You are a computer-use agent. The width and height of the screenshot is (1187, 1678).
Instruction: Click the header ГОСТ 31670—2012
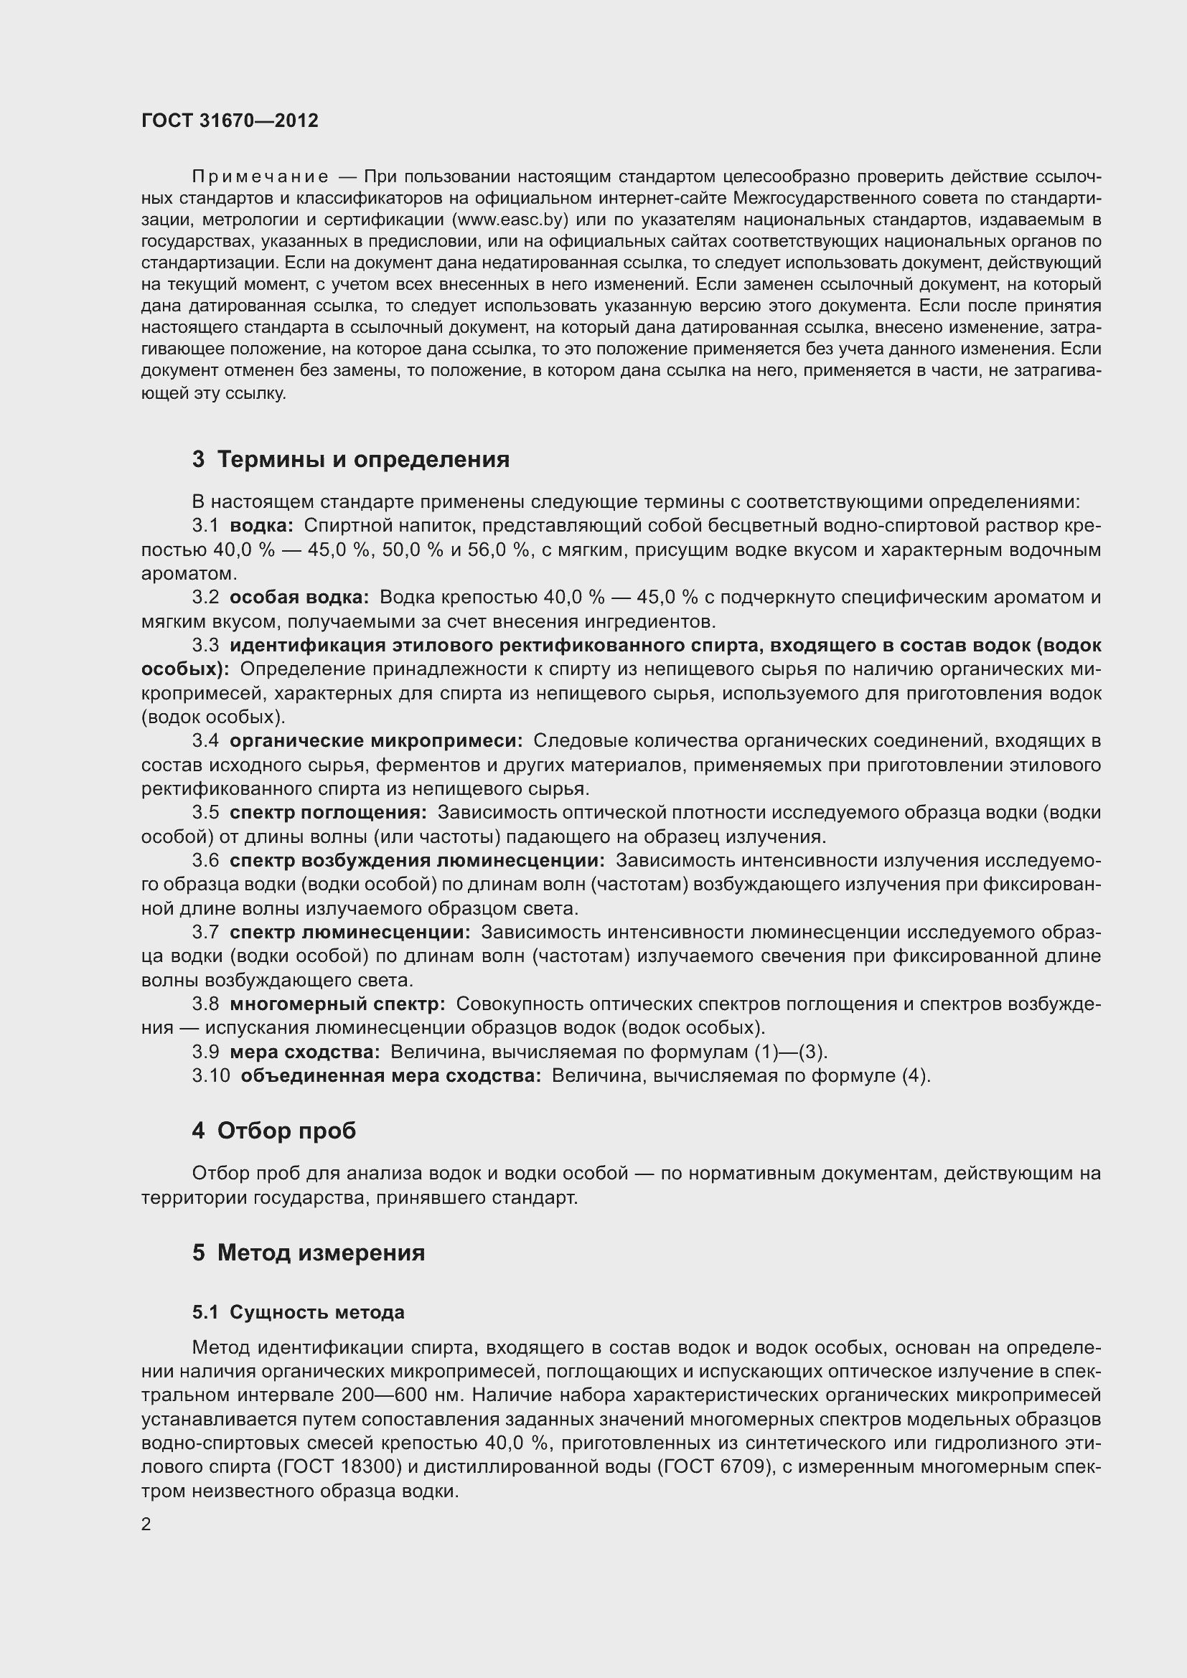click(x=230, y=121)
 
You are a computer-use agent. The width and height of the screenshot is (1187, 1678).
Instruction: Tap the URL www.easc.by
click(x=510, y=220)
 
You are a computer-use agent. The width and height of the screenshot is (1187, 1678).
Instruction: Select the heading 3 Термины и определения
click(x=351, y=460)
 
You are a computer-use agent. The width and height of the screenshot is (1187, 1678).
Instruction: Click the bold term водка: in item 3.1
click(x=261, y=525)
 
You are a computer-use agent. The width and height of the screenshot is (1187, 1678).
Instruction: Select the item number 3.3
click(x=205, y=646)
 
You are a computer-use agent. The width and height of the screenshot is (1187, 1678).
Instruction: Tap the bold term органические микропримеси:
click(x=375, y=741)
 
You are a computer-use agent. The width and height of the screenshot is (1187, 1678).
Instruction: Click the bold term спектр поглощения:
click(x=327, y=813)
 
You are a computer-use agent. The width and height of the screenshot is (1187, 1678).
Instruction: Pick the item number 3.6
click(x=205, y=861)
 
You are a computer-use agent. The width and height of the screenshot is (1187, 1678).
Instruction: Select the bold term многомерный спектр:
click(x=337, y=1004)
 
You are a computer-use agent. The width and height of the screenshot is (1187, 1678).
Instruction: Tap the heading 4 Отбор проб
click(x=274, y=1131)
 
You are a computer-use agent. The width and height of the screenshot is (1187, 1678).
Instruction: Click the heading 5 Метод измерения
click(x=309, y=1253)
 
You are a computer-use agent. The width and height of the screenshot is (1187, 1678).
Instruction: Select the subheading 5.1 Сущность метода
click(x=299, y=1313)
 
